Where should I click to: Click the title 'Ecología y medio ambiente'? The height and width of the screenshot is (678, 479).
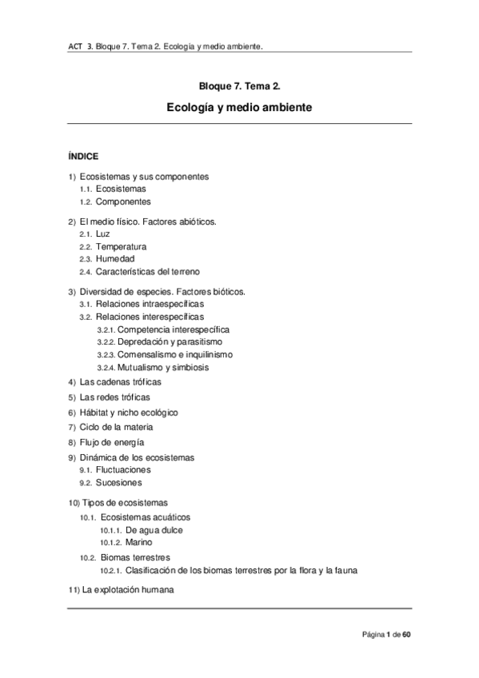tap(239, 106)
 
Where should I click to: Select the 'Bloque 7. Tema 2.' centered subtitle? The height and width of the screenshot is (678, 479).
tap(239, 85)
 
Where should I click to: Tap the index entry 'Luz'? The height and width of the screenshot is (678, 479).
tap(102, 233)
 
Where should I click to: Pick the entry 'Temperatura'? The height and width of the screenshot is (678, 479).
tap(120, 246)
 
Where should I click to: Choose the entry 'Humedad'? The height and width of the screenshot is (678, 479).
tap(114, 259)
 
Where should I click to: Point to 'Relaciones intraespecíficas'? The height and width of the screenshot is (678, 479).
tap(150, 305)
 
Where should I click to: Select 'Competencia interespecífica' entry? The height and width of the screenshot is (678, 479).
tap(174, 329)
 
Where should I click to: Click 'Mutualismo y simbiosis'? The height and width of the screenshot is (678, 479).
tap(163, 367)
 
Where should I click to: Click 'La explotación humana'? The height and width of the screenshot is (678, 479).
tap(128, 590)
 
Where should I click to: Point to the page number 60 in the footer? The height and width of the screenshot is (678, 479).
tap(406, 635)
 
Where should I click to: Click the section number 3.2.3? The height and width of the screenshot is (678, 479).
tap(106, 354)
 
